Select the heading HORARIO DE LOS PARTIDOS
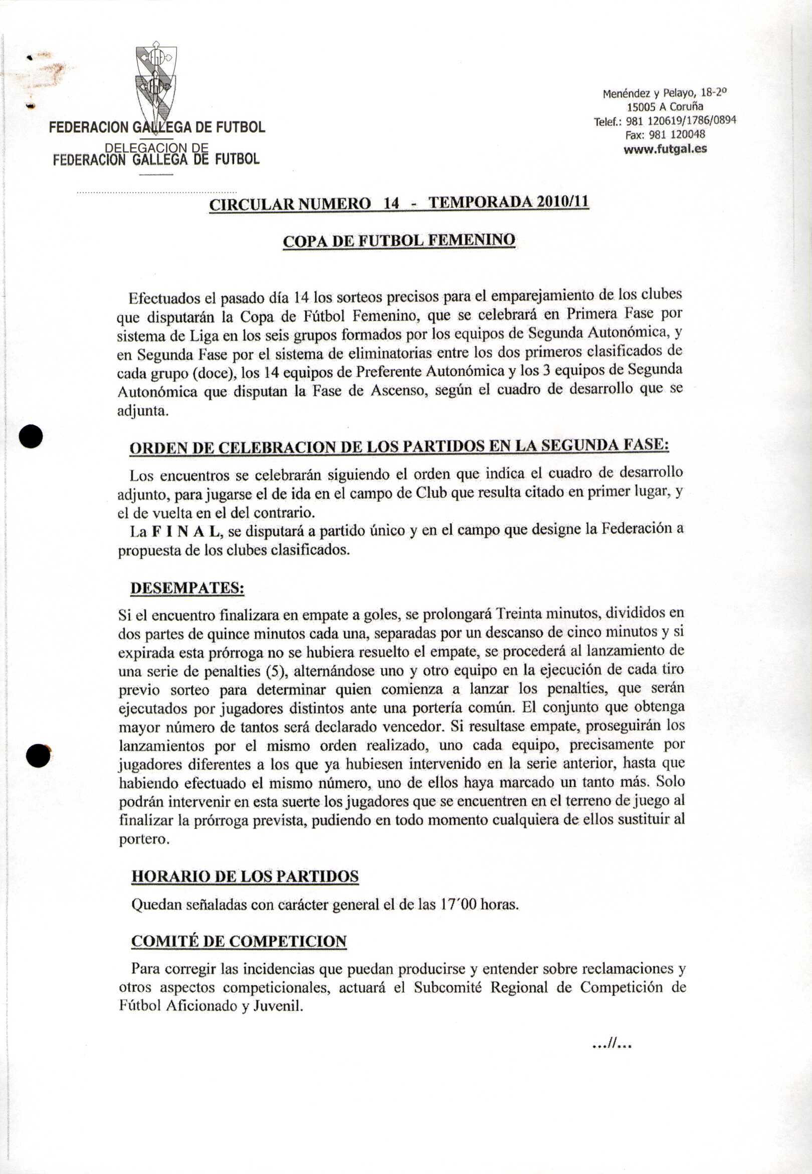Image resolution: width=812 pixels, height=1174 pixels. point(245,876)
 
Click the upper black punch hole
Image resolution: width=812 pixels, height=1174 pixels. point(31,437)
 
